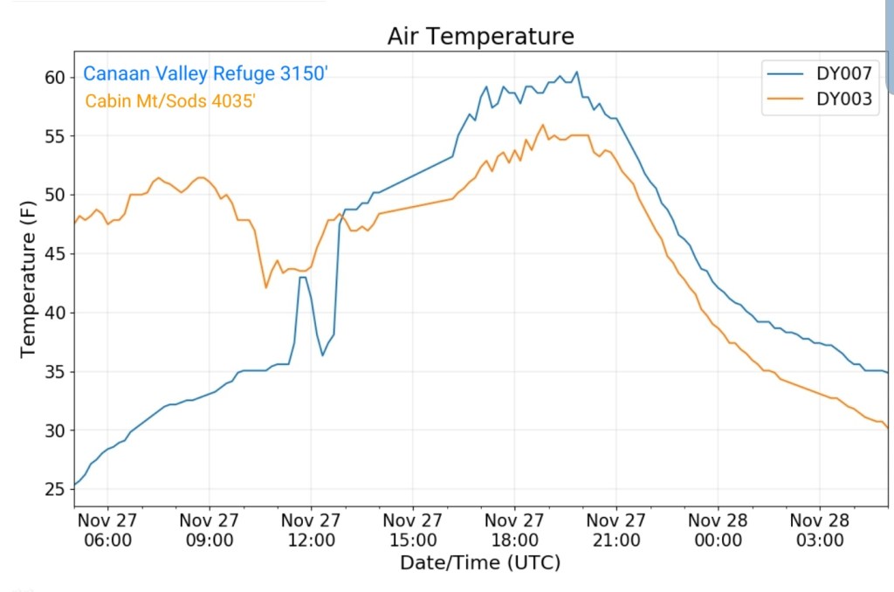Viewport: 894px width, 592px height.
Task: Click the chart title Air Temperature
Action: (x=481, y=37)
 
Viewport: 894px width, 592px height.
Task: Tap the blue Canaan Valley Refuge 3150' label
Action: (x=205, y=74)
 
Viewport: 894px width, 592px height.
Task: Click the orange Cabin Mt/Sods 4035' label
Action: (x=170, y=101)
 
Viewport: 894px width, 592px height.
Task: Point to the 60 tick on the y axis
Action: (x=55, y=78)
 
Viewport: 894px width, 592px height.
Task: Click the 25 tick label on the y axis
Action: (x=55, y=489)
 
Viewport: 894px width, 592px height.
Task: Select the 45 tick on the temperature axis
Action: (x=55, y=254)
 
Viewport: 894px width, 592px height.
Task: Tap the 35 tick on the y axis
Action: (x=55, y=372)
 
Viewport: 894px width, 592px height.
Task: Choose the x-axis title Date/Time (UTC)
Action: (x=480, y=562)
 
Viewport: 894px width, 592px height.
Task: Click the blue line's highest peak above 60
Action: (x=576, y=72)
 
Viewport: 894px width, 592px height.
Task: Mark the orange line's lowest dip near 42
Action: (x=265, y=287)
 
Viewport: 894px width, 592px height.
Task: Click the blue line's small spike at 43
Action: (x=302, y=277)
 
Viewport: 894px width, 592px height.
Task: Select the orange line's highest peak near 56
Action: (x=543, y=125)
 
